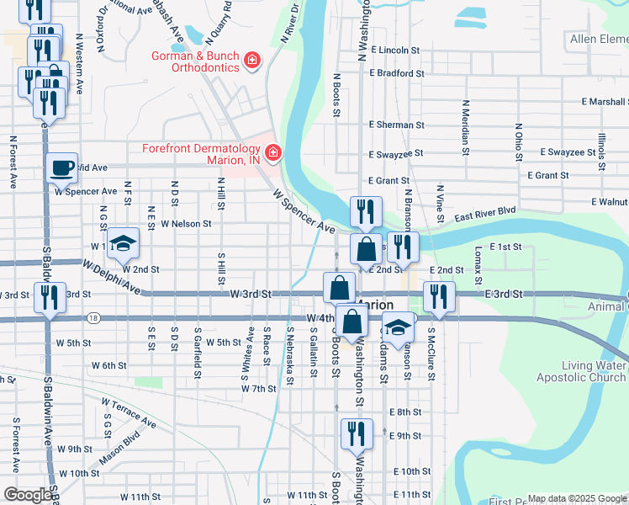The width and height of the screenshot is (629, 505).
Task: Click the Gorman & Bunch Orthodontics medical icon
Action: click(x=251, y=59)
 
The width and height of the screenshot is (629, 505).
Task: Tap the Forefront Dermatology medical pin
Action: click(x=272, y=152)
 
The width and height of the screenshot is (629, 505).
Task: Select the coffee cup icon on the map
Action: click(x=61, y=167)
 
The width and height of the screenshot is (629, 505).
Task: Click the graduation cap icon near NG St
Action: click(x=124, y=243)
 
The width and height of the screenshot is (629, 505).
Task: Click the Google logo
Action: click(x=29, y=495)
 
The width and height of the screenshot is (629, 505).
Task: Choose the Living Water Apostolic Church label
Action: click(x=595, y=371)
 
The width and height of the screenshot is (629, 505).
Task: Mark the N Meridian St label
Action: click(x=464, y=128)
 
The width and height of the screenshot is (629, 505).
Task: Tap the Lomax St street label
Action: click(x=477, y=263)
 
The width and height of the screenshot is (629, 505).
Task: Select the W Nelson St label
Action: click(x=186, y=224)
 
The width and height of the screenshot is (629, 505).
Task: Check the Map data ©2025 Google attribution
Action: click(x=576, y=498)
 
